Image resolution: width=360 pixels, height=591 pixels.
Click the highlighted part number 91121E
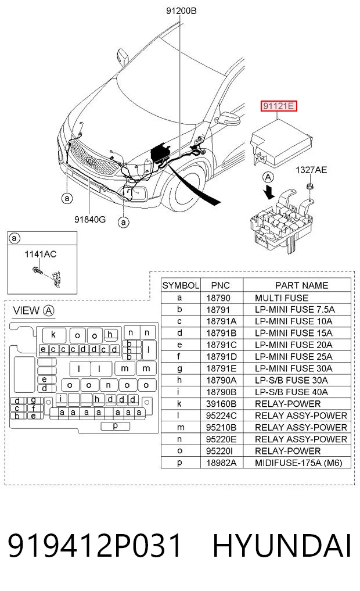[x=279, y=106]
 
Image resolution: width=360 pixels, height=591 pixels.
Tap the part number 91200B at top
[x=181, y=11]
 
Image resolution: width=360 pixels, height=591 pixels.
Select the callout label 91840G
[x=89, y=219]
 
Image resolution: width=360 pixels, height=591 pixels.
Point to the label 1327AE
[x=311, y=170]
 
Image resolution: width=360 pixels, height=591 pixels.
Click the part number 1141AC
[x=40, y=254]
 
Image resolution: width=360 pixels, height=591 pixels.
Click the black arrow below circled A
[x=269, y=192]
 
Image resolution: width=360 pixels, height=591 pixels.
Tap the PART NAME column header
[x=301, y=285]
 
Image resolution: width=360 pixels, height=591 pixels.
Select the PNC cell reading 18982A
[x=221, y=463]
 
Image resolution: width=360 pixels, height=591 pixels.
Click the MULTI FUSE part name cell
[x=281, y=298]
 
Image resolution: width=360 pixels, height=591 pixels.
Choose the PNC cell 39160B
[x=221, y=404]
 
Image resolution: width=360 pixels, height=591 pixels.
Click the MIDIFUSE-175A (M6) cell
[x=298, y=463]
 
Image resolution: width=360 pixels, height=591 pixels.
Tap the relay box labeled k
[x=54, y=335]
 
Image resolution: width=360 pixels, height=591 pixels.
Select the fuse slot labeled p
[x=115, y=426]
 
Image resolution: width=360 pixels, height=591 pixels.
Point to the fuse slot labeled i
[x=62, y=399]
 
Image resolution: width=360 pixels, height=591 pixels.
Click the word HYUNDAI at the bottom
[x=282, y=545]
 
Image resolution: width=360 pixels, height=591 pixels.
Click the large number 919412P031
[x=95, y=545]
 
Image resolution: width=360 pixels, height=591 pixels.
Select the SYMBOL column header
[x=181, y=285]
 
